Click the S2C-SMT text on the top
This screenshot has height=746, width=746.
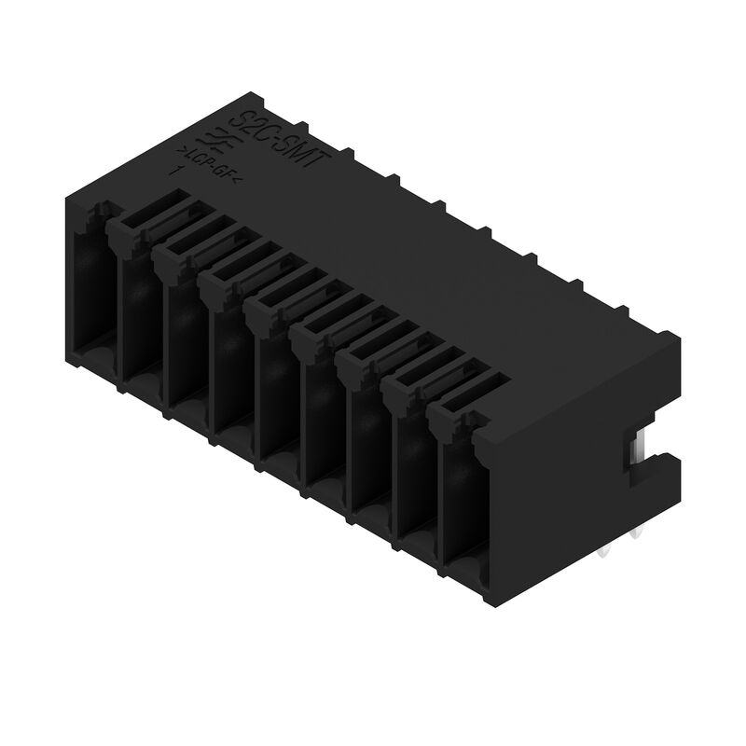(280, 139)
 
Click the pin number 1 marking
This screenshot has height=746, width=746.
(174, 172)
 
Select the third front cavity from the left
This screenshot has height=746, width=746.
(186, 340)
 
